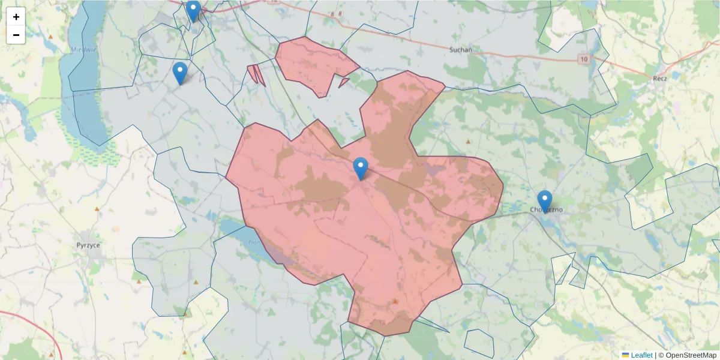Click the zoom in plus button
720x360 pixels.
[16, 17]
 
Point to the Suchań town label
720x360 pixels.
[461, 50]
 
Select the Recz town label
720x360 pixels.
[660, 78]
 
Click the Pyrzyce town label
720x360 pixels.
[88, 245]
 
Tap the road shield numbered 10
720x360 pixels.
[584, 59]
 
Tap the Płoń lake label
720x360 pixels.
[253, 242]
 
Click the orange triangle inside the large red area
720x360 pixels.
[395, 301]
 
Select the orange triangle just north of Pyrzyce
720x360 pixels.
[97, 209]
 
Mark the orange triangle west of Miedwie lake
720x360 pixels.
[51, 37]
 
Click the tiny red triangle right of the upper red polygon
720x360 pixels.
[344, 82]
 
